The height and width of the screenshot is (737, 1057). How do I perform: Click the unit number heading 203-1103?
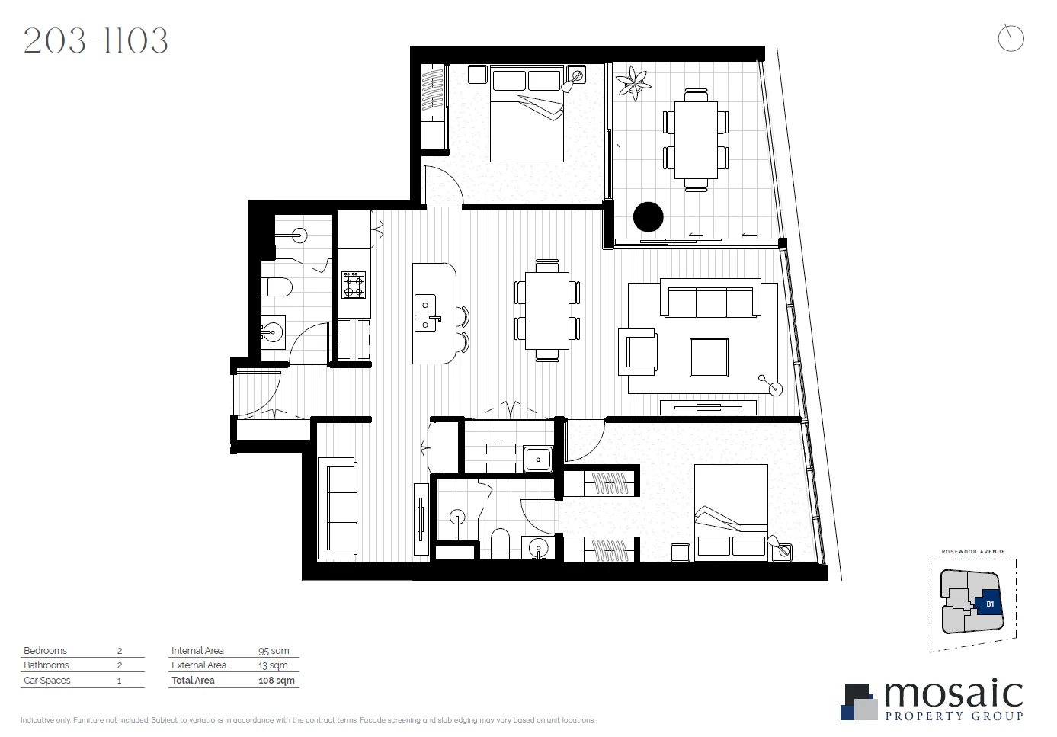[96, 41]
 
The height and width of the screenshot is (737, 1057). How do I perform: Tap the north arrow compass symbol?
[1011, 38]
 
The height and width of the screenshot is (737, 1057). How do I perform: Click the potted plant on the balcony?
[633, 83]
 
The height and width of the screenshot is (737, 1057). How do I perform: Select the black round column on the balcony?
[649, 216]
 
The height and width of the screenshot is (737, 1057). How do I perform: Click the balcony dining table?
[696, 140]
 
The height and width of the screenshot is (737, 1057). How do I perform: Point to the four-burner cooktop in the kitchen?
[354, 285]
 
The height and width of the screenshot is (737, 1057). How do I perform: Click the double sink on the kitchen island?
[425, 313]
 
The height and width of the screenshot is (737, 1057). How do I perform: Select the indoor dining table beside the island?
[547, 310]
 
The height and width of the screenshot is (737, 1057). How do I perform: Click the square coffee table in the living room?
[709, 357]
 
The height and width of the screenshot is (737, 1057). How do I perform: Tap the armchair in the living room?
[639, 352]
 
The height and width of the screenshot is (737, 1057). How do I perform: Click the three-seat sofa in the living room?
[710, 298]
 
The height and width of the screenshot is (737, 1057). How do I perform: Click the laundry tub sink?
[538, 460]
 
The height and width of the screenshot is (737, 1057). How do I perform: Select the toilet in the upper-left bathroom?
[277, 287]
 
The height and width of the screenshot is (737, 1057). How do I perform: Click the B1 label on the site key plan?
[990, 604]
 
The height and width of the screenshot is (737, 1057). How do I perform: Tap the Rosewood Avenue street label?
[972, 551]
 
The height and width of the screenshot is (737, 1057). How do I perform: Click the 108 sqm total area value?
[276, 681]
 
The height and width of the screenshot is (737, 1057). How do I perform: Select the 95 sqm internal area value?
[274, 651]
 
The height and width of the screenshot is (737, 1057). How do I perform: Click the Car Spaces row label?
[47, 681]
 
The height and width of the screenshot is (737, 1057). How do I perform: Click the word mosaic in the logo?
[953, 694]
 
